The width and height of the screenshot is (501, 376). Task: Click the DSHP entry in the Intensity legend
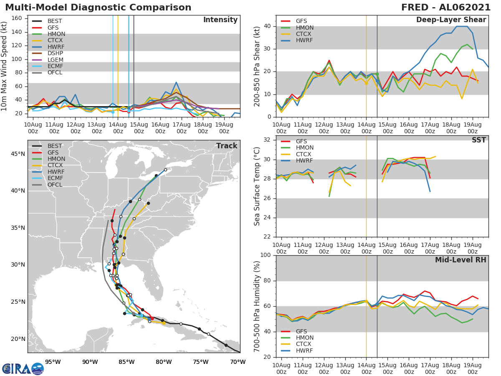pyautogui.click(x=55, y=53)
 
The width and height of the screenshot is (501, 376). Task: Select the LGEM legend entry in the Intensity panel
pyautogui.click(x=55, y=60)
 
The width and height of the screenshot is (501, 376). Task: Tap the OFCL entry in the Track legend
pyautogui.click(x=55, y=185)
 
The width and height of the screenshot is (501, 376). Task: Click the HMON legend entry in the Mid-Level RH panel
pyautogui.click(x=305, y=338)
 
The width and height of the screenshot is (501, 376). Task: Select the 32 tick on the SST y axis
pyautogui.click(x=266, y=140)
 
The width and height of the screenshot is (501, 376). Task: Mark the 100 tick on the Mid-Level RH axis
pyautogui.click(x=264, y=255)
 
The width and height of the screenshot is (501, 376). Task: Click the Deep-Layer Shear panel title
pyautogui.click(x=451, y=20)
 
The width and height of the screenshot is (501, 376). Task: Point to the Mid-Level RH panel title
pyautogui.click(x=461, y=260)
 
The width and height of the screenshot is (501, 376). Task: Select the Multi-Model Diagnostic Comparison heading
pyautogui.click(x=98, y=8)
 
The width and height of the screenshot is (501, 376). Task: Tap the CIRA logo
pyautogui.click(x=23, y=368)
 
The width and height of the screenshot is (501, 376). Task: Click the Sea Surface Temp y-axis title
pyautogui.click(x=257, y=186)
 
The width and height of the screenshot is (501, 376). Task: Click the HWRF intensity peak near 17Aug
pyautogui.click(x=176, y=82)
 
